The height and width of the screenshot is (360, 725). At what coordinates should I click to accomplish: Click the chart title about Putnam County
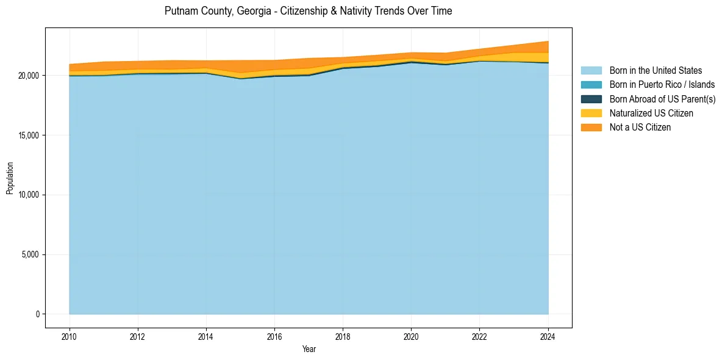coord(308,11)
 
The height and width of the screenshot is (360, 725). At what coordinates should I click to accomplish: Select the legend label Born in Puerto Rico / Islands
coord(662,85)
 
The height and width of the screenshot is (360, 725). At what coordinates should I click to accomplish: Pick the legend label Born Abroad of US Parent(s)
coord(662,99)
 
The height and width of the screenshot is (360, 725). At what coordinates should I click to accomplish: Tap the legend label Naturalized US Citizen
coord(651,113)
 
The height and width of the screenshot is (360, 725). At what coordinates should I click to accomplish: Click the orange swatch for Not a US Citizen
coord(591,128)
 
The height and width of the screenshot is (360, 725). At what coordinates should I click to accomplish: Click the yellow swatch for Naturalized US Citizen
coord(591,113)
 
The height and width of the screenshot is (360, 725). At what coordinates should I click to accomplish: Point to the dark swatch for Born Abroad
coord(591,99)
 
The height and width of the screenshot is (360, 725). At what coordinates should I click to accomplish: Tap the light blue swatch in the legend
coord(591,71)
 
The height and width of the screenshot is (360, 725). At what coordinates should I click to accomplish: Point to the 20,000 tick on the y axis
coord(29,76)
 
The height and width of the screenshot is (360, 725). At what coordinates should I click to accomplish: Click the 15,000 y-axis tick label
coord(29,135)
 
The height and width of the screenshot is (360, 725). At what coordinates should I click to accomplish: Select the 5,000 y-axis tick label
coord(31,254)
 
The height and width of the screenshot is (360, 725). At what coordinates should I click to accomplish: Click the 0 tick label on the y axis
coord(37,314)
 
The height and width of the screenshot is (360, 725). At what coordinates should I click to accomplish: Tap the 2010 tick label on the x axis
coord(70,336)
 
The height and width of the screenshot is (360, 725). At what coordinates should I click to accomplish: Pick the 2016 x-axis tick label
coord(274,336)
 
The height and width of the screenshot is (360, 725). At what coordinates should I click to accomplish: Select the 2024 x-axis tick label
coord(548,336)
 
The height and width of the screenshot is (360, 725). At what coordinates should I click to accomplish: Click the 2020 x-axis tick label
coord(412,336)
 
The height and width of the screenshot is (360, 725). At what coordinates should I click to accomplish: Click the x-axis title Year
coord(309,349)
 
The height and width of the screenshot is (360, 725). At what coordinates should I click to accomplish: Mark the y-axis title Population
coord(10,178)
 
